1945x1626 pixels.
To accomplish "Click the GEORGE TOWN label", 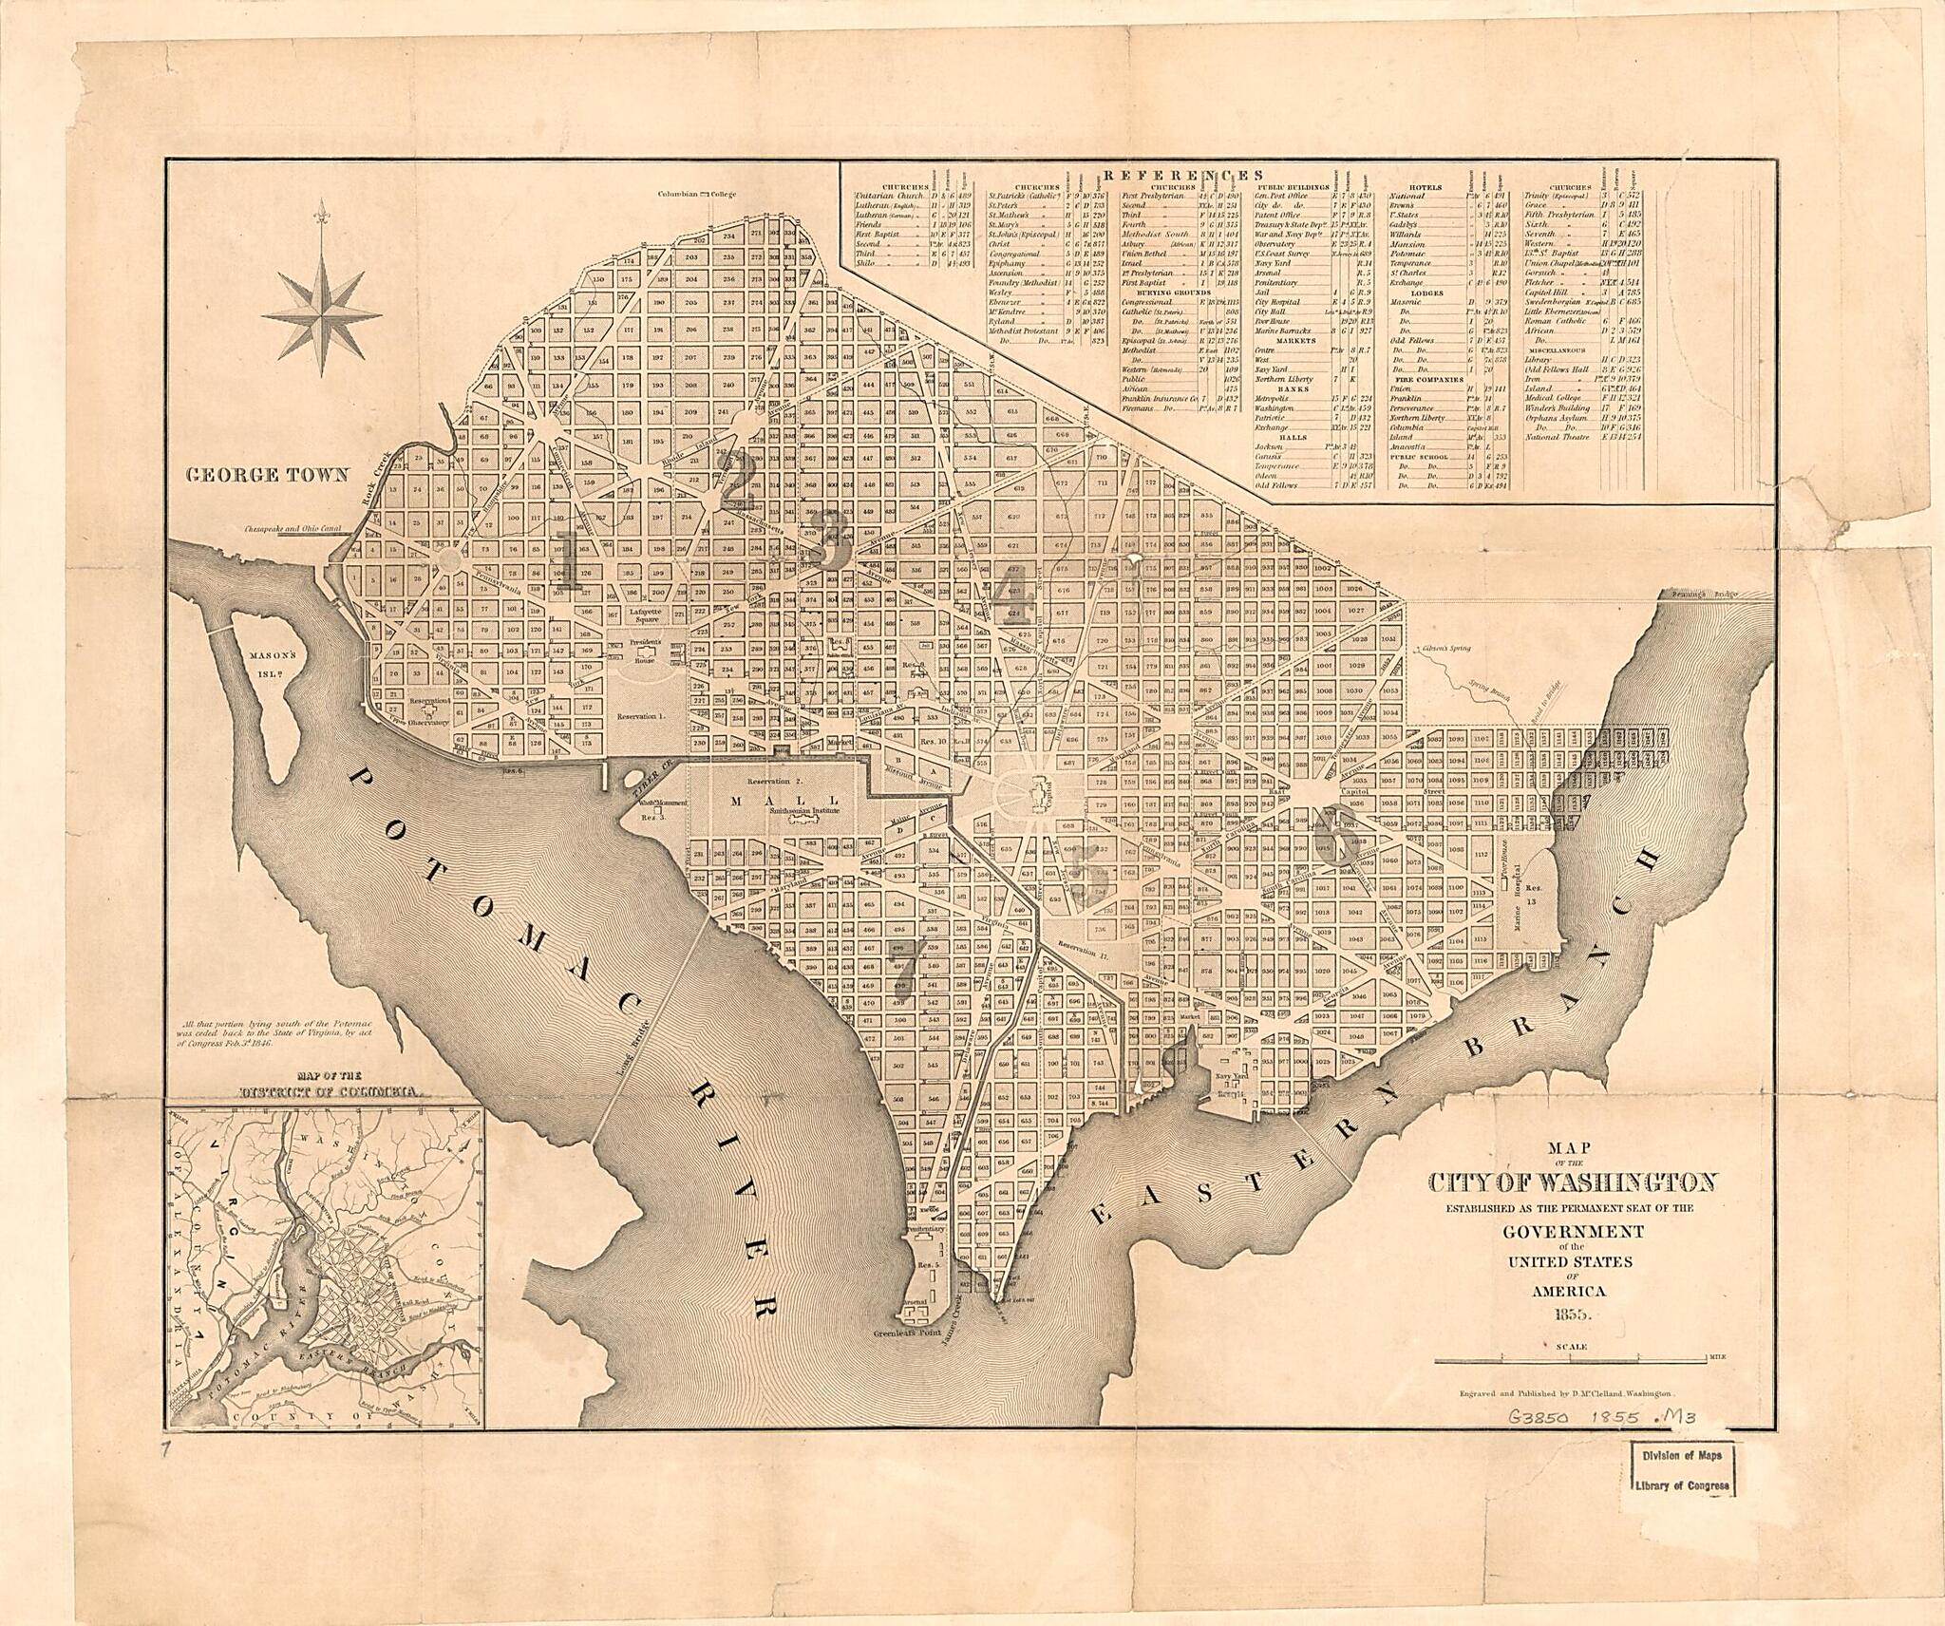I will [268, 476].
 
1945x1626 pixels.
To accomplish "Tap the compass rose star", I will [322, 312].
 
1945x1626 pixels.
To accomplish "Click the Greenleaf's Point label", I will [913, 1333].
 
